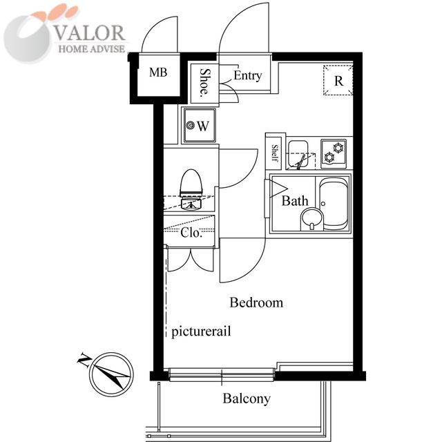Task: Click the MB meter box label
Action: tap(158, 73)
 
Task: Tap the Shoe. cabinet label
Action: tap(205, 83)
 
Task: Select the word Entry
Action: tap(248, 75)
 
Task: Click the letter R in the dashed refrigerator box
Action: tap(338, 81)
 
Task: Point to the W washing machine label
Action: tap(203, 126)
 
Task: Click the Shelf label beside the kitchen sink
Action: tap(275, 153)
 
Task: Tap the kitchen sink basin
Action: tap(298, 154)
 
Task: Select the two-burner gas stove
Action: tap(334, 153)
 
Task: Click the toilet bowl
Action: tap(191, 182)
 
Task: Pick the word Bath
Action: tap(295, 201)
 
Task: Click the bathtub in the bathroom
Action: tap(334, 204)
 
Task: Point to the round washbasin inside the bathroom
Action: tap(311, 220)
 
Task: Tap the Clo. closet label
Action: tap(191, 233)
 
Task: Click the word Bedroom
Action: tap(256, 302)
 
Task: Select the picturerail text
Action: tap(201, 331)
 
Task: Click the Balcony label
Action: tap(247, 399)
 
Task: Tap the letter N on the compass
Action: tap(84, 359)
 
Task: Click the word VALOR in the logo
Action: tap(89, 32)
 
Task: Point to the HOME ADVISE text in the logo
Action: tap(92, 49)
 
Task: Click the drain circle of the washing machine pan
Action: tap(191, 124)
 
